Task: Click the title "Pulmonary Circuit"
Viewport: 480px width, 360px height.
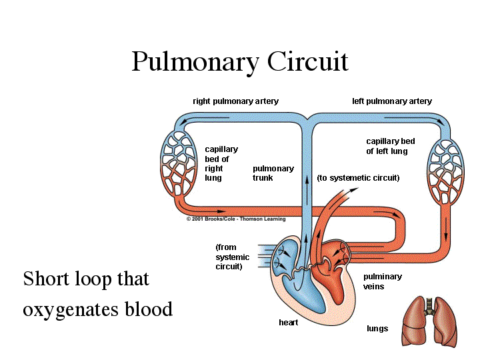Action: pos(240,62)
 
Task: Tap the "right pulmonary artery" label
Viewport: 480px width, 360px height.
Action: pos(236,101)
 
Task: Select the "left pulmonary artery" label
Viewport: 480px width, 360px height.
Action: pos(392,101)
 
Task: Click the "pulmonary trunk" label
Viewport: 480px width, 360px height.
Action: pos(273,173)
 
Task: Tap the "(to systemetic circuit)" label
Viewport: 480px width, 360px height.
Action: pos(358,178)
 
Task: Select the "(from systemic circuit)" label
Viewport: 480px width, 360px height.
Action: pos(233,257)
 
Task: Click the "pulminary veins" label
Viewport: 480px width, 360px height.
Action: pos(383,281)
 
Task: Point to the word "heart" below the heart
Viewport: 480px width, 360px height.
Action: pos(289,323)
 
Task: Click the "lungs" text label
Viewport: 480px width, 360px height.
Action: pos(377,329)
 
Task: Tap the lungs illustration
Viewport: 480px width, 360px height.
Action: pos(430,321)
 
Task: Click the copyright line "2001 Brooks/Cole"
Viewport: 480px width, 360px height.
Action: pos(236,219)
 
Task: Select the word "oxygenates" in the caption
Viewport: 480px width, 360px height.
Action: pos(71,310)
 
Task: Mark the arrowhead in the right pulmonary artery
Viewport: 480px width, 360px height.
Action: pos(184,123)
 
